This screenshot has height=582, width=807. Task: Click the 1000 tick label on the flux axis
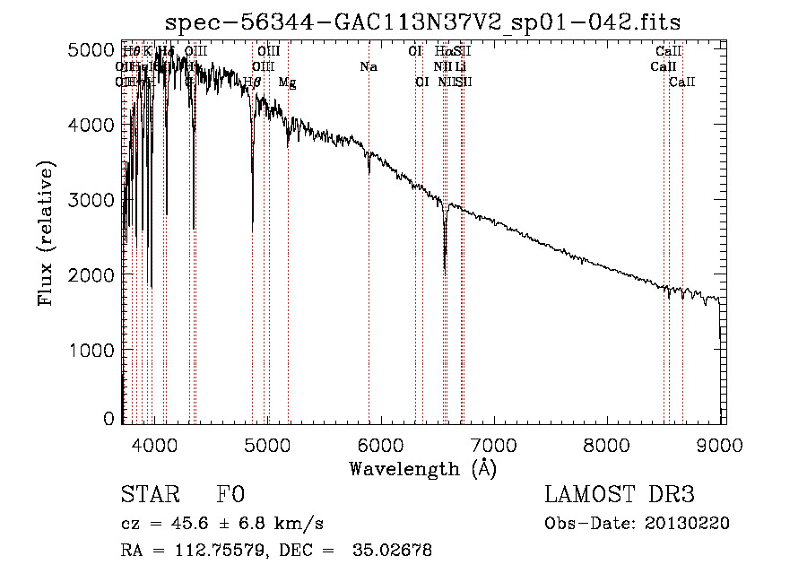pyautogui.click(x=92, y=350)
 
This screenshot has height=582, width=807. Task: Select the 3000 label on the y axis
pyautogui.click(x=92, y=200)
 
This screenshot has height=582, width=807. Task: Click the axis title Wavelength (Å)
pyautogui.click(x=422, y=468)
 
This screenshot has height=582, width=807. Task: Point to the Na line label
pyautogui.click(x=369, y=67)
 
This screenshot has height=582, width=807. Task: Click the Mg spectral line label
pyautogui.click(x=287, y=83)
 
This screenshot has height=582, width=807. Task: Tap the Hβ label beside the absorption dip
pyautogui.click(x=253, y=83)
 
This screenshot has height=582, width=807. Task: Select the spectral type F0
pyautogui.click(x=231, y=496)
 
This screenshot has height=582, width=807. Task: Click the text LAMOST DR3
pyautogui.click(x=620, y=496)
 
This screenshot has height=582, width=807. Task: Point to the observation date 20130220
pyautogui.click(x=687, y=524)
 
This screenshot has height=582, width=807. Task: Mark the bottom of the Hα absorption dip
pyautogui.click(x=445, y=266)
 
